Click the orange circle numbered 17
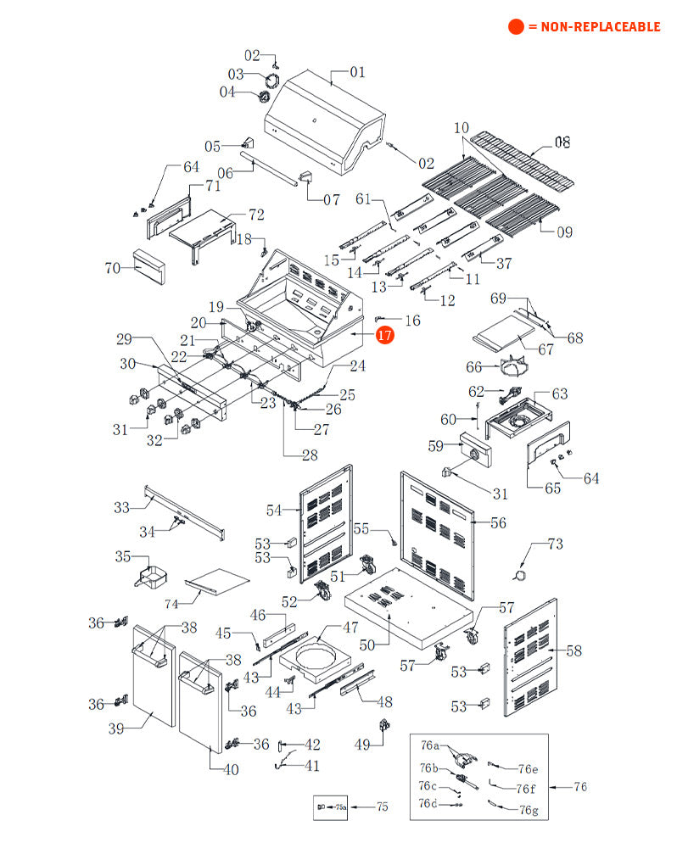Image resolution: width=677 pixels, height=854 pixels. [385, 336]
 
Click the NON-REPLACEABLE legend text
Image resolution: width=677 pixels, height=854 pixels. [594, 27]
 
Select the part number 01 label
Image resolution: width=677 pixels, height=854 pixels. [357, 72]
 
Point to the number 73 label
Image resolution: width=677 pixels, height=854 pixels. [555, 543]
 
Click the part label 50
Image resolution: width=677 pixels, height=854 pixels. [366, 645]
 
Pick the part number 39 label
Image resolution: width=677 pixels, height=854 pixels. [117, 728]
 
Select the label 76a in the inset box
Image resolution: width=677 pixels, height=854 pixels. [430, 745]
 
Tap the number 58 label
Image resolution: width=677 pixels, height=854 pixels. [574, 650]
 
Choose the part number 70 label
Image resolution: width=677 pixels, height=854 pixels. [113, 269]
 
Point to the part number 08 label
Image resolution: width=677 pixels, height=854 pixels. [562, 142]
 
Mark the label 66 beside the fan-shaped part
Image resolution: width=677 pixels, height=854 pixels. [473, 367]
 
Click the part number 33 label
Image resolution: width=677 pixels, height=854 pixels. [122, 507]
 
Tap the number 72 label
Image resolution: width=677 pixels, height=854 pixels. [255, 215]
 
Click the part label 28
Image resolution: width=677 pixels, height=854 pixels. [309, 455]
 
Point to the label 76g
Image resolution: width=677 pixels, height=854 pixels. [529, 810]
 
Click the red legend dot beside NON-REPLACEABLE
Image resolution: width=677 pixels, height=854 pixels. [516, 27]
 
